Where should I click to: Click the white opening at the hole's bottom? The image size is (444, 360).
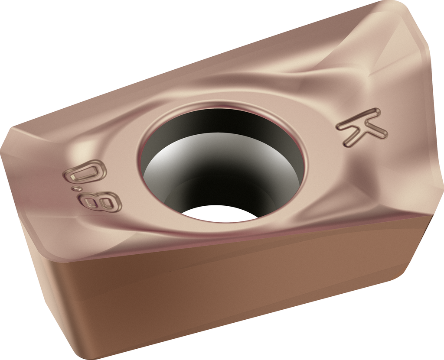pyautogui.click(x=218, y=214)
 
